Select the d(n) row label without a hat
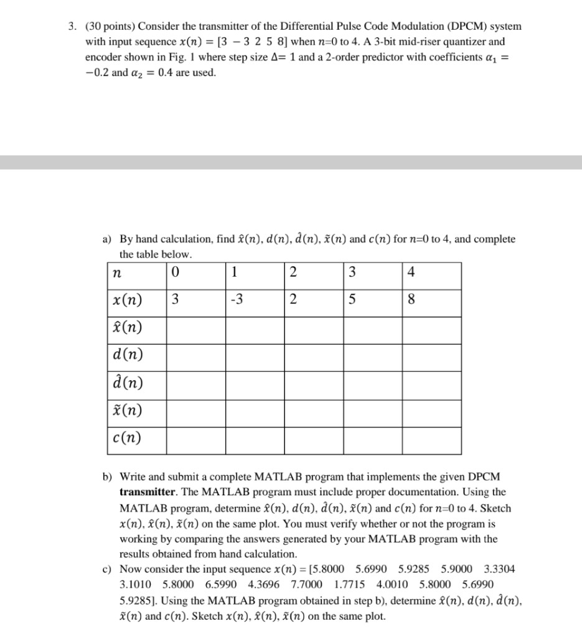pyautogui.click(x=126, y=355)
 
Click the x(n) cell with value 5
pyautogui.click(x=352, y=300)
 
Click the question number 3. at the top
pyautogui.click(x=73, y=27)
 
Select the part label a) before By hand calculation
pyautogui.click(x=107, y=239)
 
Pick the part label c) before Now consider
pyautogui.click(x=107, y=569)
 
